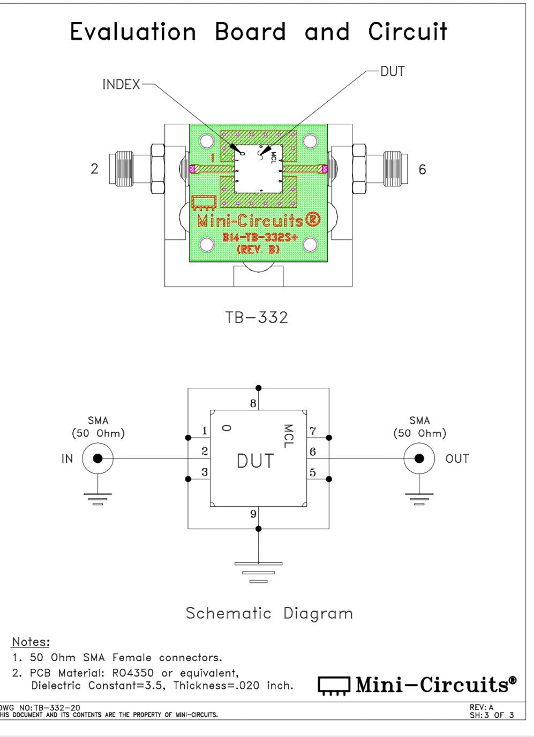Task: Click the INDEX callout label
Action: pyautogui.click(x=121, y=85)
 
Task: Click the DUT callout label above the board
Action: pyautogui.click(x=392, y=71)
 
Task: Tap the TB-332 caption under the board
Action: pyautogui.click(x=257, y=318)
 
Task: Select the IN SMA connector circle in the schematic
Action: pyautogui.click(x=97, y=458)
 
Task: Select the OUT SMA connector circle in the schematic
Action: pyautogui.click(x=419, y=458)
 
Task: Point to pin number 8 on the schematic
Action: pyautogui.click(x=253, y=403)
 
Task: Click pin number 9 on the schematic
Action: pyautogui.click(x=253, y=514)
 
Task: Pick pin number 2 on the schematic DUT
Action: pyautogui.click(x=204, y=452)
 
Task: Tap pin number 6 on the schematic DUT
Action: pyautogui.click(x=313, y=452)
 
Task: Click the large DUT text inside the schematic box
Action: pyautogui.click(x=255, y=461)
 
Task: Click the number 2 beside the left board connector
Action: pyautogui.click(x=95, y=169)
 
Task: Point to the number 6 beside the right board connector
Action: pyautogui.click(x=423, y=170)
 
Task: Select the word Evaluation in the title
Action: pyautogui.click(x=133, y=32)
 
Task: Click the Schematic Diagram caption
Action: pyautogui.click(x=269, y=613)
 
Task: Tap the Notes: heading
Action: pyautogui.click(x=31, y=642)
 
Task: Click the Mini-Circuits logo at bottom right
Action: pyautogui.click(x=418, y=685)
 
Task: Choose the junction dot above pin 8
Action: pyautogui.click(x=258, y=388)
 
